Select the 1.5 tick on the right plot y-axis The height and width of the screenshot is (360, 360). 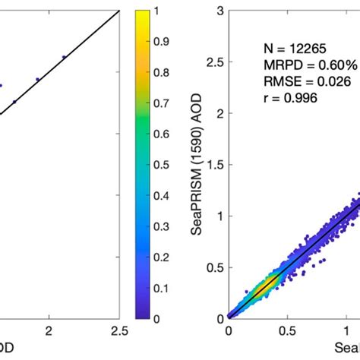[x=216, y=164]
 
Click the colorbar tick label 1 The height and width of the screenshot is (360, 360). [x=177, y=11]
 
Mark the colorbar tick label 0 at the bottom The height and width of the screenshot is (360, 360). [x=177, y=318]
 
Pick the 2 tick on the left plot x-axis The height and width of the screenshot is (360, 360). [x=50, y=330]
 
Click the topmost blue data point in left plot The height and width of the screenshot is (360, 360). [x=64, y=56]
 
